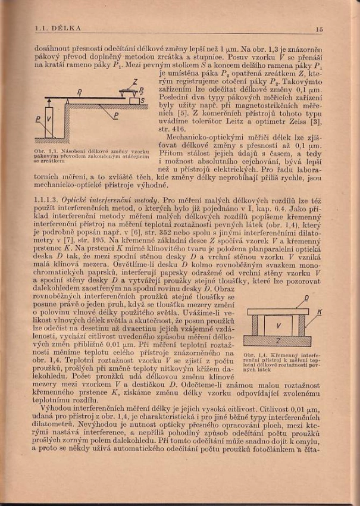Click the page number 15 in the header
pos(319,28)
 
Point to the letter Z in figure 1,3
pos(134,80)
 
